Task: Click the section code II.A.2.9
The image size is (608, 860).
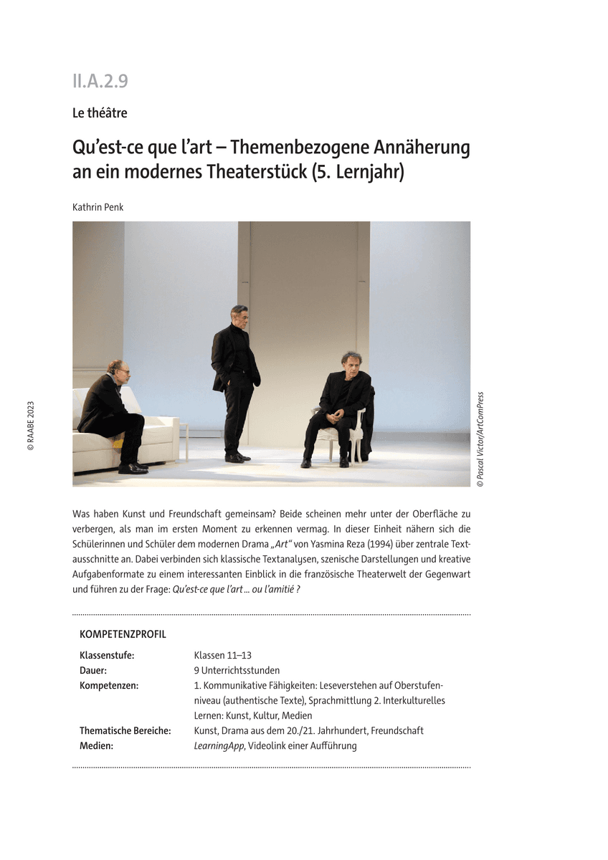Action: point(100,82)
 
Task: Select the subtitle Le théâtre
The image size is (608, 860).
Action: point(100,113)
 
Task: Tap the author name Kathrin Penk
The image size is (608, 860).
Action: point(98,208)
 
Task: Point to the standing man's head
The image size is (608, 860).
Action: point(239,314)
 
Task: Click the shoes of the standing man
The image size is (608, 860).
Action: point(237,457)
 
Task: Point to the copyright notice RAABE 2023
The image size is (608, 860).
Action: point(30,426)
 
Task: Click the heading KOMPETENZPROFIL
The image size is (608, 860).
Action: point(123,634)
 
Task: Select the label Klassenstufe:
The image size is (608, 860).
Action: point(107,655)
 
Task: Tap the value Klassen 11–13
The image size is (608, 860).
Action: point(222,655)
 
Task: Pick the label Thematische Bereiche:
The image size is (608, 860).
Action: point(125,730)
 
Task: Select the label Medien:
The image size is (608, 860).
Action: point(97,745)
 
